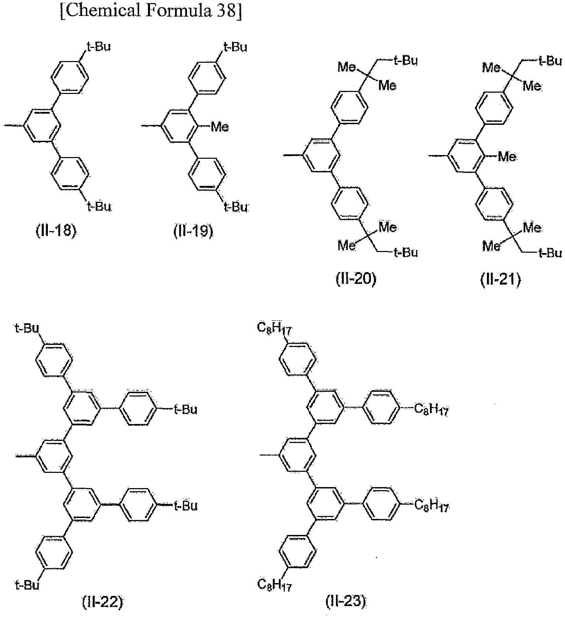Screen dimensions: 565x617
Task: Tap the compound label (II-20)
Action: pos(356,279)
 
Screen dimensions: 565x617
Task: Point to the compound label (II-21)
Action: pos(500,279)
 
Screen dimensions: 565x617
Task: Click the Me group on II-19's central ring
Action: pos(220,127)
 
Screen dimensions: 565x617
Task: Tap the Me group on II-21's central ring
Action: pos(507,156)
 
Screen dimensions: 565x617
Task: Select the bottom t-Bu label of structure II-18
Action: pos(100,206)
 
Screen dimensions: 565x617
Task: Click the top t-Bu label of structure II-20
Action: pos(406,61)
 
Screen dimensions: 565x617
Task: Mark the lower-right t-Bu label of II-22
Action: pos(185,506)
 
